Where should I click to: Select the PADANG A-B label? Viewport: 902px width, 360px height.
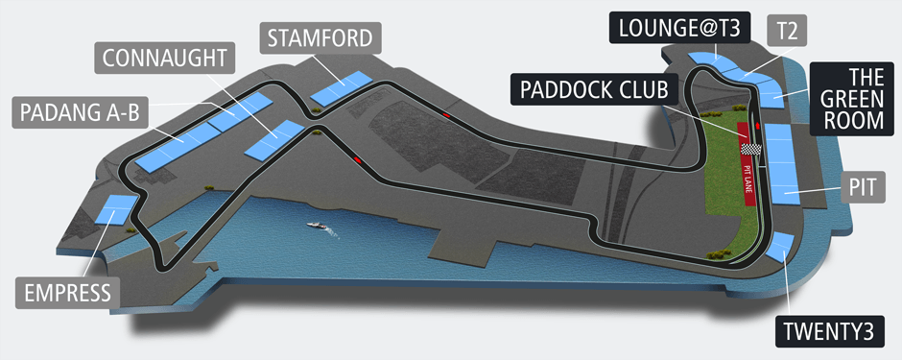79,113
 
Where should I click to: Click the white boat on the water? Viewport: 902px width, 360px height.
318,226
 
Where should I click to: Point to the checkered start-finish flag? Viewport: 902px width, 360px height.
753,150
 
